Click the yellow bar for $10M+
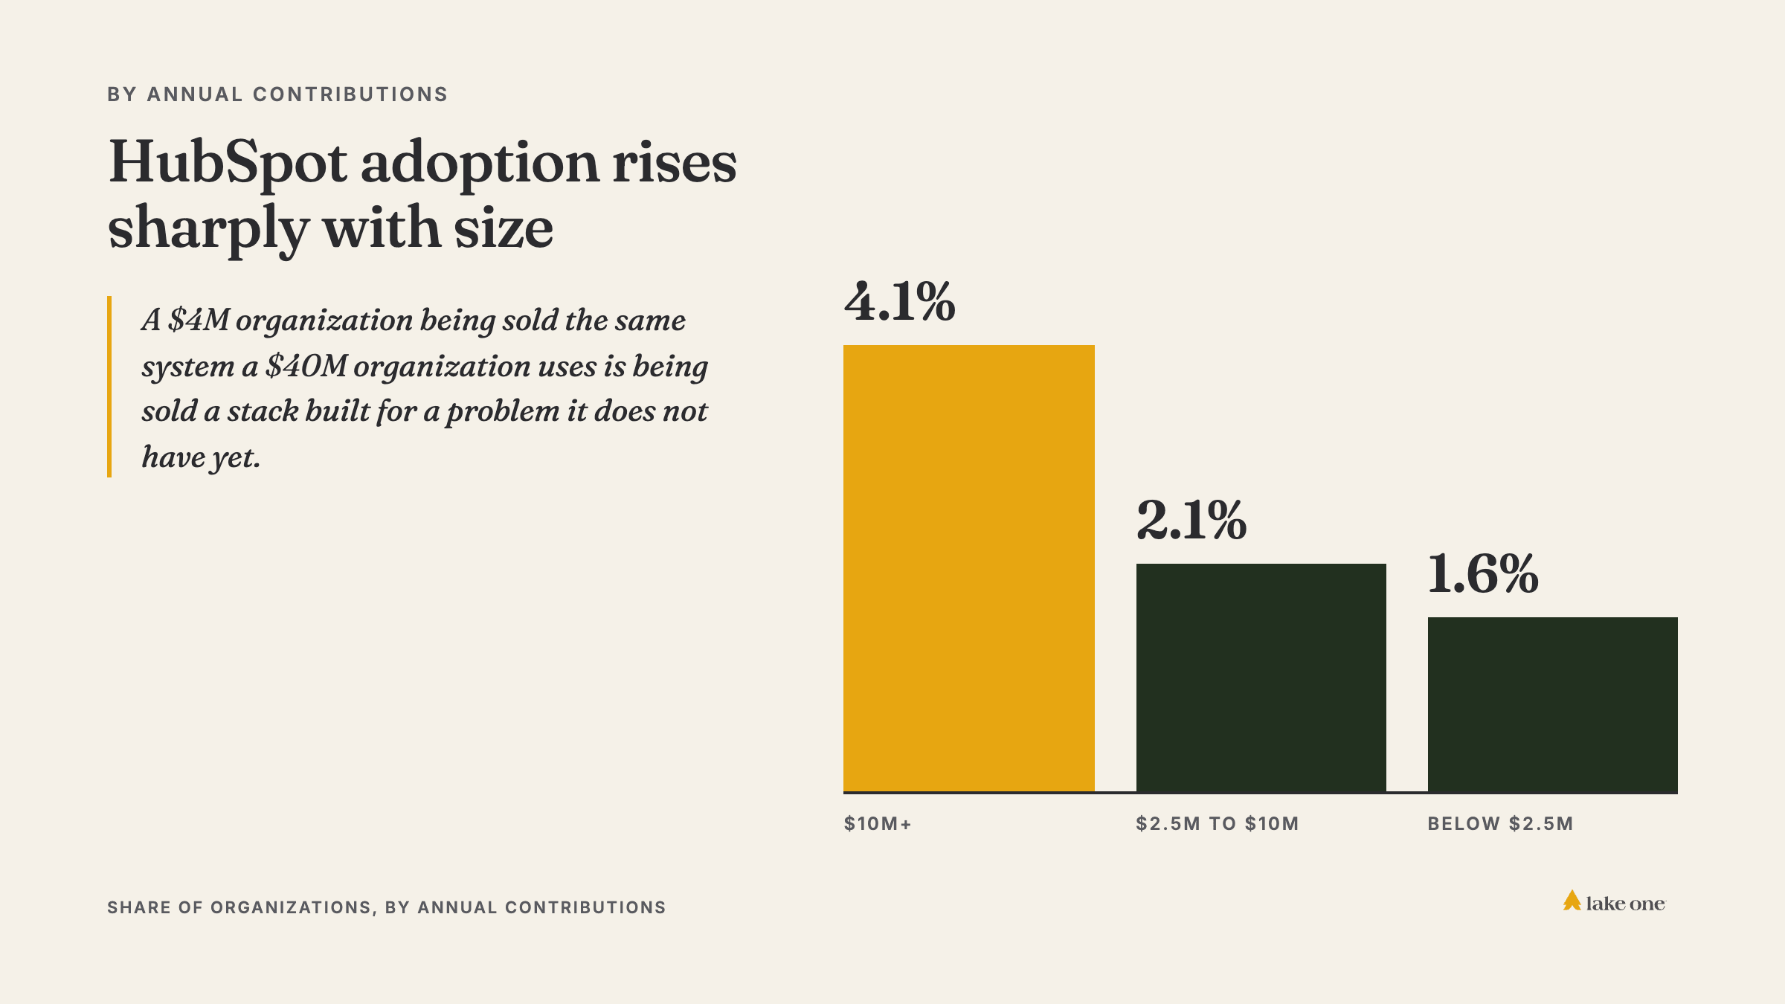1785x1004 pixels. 968,568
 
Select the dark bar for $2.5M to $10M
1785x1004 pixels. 1261,678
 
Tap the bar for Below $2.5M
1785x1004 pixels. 1553,705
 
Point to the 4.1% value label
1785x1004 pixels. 900,302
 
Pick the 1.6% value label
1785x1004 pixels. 1483,573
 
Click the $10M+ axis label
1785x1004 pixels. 878,824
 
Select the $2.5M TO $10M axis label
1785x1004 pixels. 1218,824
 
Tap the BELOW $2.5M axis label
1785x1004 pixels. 1500,824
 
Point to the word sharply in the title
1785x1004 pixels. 208,229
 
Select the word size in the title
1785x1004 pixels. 504,228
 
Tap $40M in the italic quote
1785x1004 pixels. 306,366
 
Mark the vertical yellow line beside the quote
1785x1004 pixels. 109,387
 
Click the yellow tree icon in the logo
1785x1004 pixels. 1572,901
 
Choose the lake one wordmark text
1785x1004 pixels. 1626,904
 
